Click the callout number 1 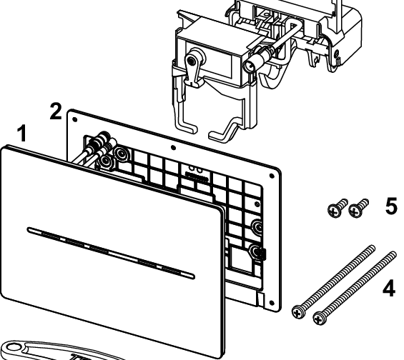coord(22,133)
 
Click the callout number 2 coord(56,111)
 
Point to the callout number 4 coord(389,289)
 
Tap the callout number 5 coord(392,206)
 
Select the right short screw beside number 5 coord(358,208)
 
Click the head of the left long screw coord(298,311)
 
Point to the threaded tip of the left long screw coord(373,248)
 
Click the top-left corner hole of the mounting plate coord(74,119)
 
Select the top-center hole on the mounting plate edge coord(174,148)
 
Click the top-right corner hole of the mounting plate coord(271,176)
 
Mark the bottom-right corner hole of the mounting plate coord(271,303)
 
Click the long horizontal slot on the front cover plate coord(111,252)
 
